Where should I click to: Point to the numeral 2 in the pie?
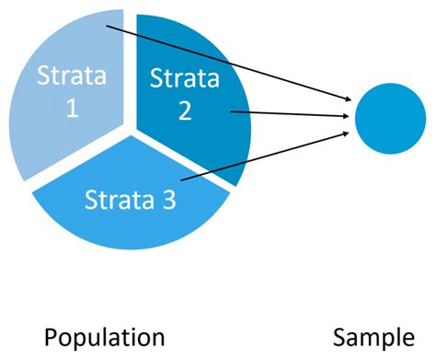click(x=186, y=111)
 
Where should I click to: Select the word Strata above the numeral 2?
click(x=186, y=80)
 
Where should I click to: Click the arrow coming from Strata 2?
click(x=285, y=114)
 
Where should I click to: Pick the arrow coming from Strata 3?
click(x=267, y=157)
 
